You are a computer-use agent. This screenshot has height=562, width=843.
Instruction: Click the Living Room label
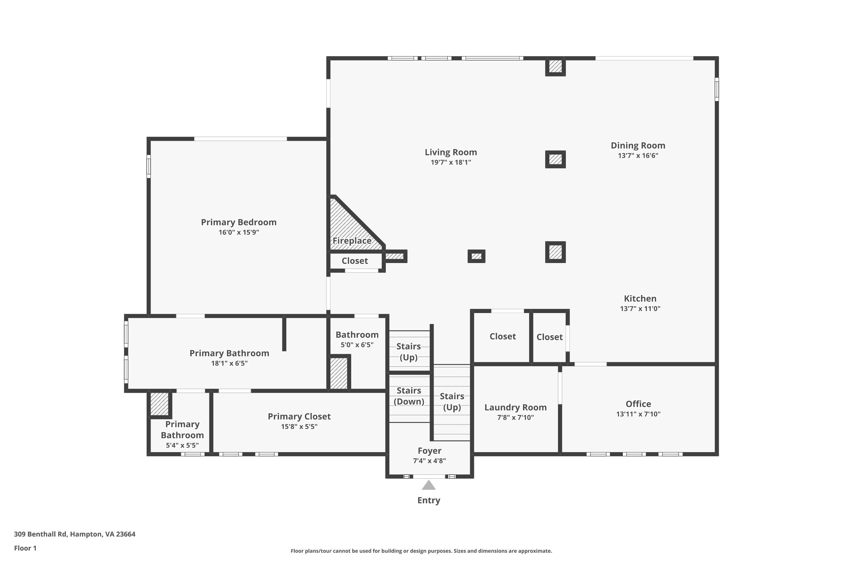451,152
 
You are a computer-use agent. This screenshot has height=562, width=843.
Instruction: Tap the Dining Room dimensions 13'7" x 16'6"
638,156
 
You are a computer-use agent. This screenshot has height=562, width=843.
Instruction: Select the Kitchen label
640,298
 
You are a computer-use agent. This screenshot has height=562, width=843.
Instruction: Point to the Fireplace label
352,241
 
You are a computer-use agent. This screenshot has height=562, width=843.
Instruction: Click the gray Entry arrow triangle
429,486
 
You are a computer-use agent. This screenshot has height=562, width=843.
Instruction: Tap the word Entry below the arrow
429,500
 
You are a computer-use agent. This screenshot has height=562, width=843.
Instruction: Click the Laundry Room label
515,407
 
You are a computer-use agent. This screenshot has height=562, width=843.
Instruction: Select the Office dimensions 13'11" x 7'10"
638,414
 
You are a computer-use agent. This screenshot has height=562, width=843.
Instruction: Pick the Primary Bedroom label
239,222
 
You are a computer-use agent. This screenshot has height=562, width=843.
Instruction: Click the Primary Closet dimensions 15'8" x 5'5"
299,427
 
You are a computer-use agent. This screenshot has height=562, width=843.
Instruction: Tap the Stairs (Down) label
409,396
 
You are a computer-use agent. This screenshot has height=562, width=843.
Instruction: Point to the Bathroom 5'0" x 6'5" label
357,339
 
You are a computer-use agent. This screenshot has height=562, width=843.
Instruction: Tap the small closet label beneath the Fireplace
355,261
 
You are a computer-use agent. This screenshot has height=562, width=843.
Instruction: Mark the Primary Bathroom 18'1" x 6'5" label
229,358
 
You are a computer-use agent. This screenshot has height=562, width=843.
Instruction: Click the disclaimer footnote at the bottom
422,551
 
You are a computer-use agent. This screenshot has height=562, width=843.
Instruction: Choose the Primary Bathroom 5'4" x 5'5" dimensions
182,445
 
